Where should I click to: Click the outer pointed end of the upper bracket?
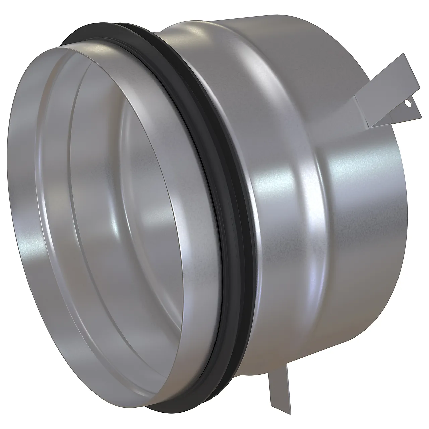point(419,116)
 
